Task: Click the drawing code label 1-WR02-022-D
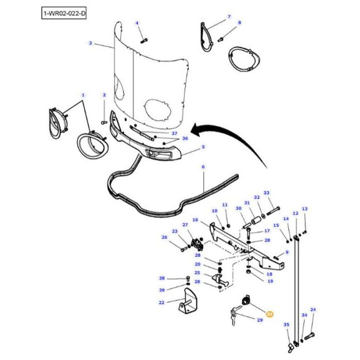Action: (x=64, y=12)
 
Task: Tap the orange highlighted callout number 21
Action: (x=270, y=314)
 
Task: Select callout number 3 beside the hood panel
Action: (x=90, y=42)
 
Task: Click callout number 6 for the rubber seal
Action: (x=203, y=167)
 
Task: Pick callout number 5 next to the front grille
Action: (x=203, y=147)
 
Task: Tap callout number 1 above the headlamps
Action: (x=83, y=95)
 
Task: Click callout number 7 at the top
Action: (x=228, y=17)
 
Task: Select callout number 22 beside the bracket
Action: (x=161, y=303)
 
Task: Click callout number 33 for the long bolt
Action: (x=266, y=193)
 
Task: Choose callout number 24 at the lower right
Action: (x=313, y=309)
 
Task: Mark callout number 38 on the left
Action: (x=162, y=278)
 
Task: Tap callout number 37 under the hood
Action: (x=174, y=133)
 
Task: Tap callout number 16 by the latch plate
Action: (x=195, y=220)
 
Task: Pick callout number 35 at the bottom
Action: (x=286, y=324)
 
